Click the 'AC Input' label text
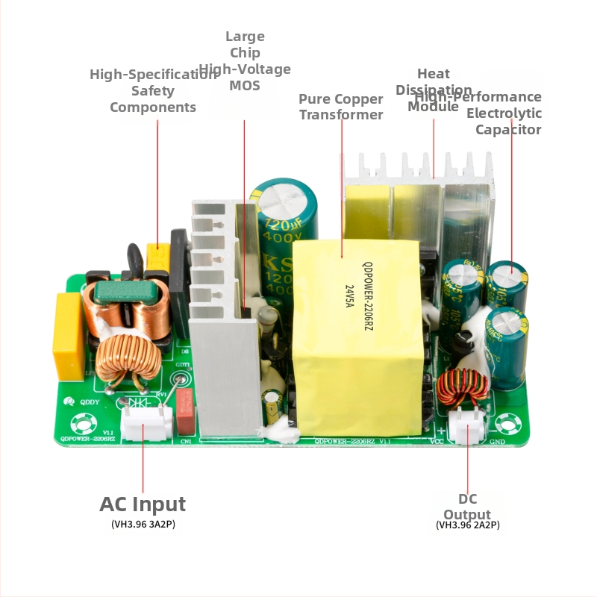[x=143, y=504]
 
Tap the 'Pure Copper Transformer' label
[x=341, y=107]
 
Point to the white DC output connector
[x=467, y=428]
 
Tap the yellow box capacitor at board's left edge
[x=67, y=336]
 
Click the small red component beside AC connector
[x=185, y=410]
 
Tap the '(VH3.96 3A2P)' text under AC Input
[x=143, y=525]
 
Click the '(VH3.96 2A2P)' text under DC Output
[x=468, y=525]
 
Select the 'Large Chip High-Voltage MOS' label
[x=245, y=61]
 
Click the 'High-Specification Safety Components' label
[x=153, y=90]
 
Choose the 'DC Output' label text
[x=468, y=507]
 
